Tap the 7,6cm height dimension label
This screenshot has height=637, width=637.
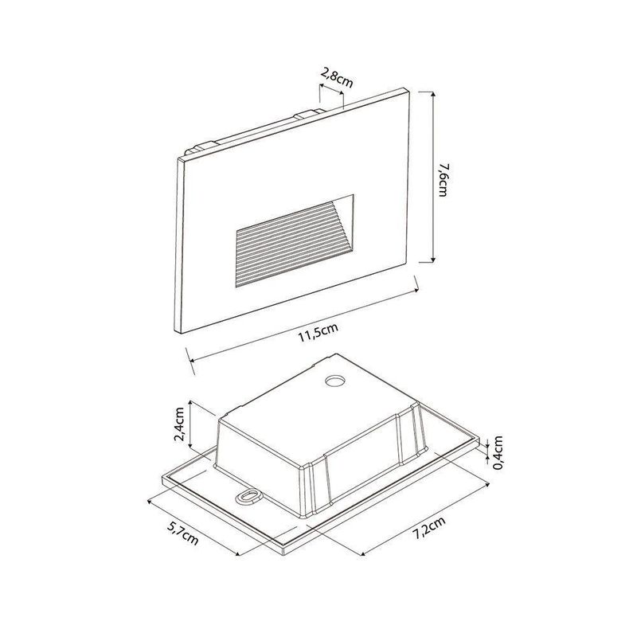[x=444, y=180]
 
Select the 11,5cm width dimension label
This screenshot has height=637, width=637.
[x=318, y=334]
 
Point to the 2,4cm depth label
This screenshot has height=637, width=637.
[x=179, y=424]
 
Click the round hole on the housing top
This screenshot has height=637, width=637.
[x=335, y=381]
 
